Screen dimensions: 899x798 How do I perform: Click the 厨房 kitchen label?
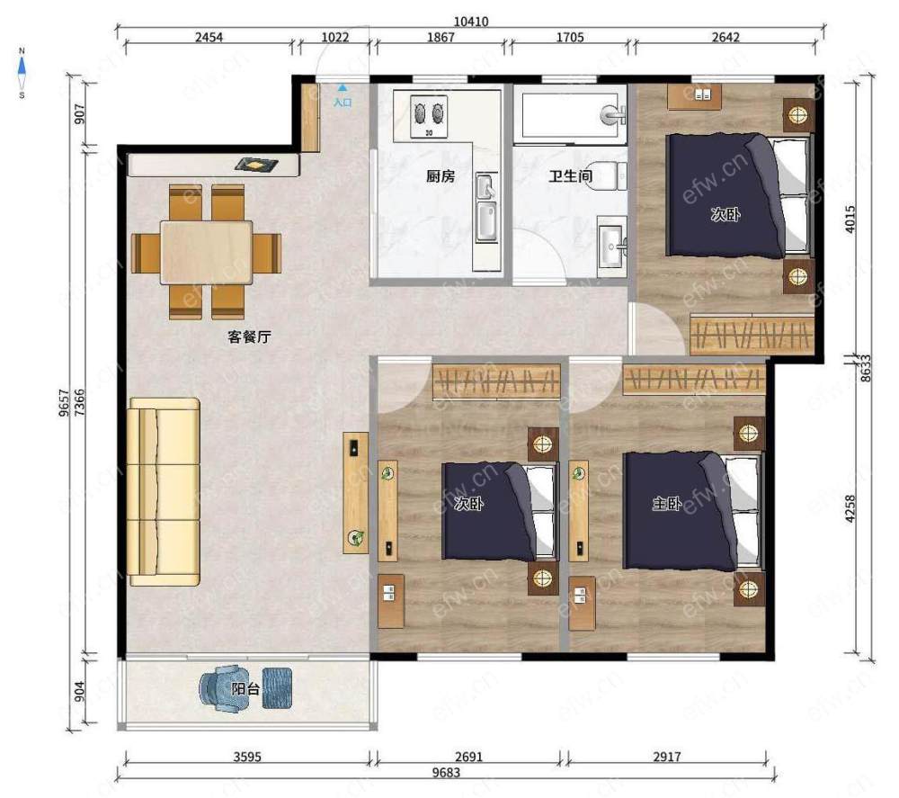[441, 175]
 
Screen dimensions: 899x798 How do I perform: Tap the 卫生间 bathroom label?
[570, 175]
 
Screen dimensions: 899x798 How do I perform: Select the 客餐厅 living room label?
[249, 336]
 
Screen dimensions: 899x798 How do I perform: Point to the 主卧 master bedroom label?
[667, 504]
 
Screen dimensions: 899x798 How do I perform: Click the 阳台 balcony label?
[245, 688]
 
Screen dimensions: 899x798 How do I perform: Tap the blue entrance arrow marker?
[343, 88]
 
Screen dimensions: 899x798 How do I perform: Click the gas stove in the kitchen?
[429, 116]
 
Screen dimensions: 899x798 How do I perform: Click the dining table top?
[207, 253]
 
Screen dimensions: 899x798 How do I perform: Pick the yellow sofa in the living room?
[164, 491]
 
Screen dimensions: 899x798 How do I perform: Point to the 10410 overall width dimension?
[471, 22]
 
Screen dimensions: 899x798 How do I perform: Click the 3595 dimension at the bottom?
[247, 756]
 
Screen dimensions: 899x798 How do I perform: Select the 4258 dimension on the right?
[850, 508]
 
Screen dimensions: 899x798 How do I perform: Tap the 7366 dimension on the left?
[80, 402]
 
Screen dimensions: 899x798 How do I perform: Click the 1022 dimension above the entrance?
[334, 37]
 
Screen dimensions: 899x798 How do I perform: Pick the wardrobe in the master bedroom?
[694, 380]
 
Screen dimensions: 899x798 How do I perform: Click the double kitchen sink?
[486, 207]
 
